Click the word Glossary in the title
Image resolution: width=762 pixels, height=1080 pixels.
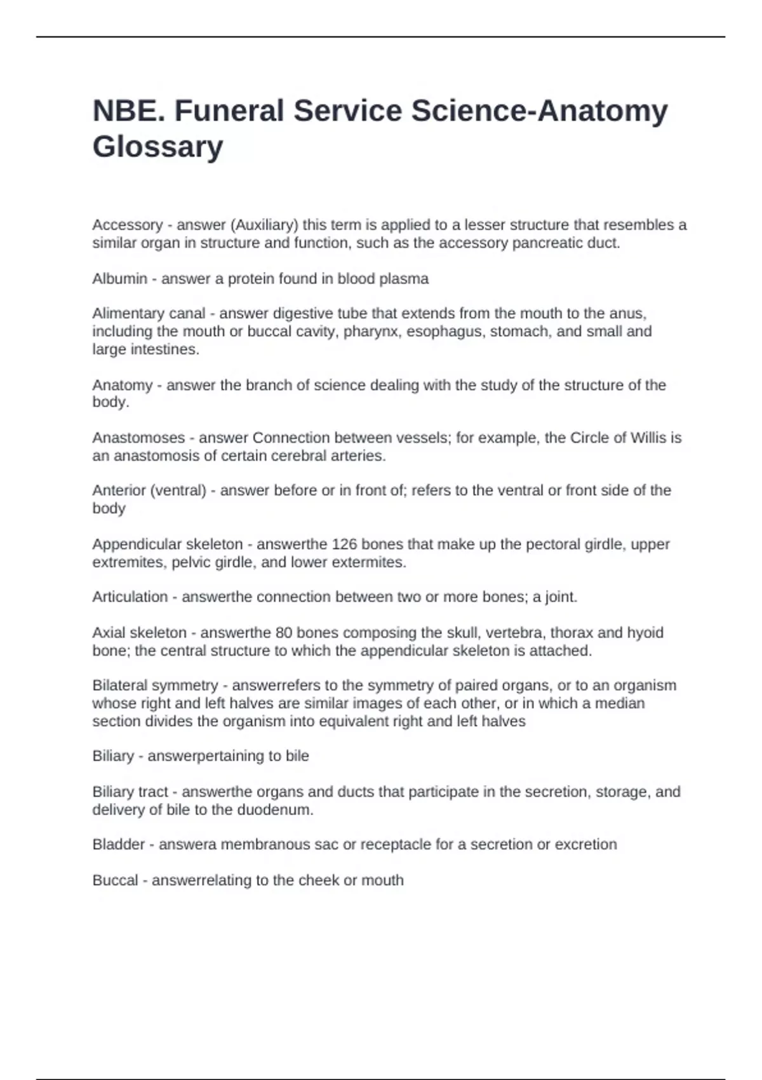[157, 147]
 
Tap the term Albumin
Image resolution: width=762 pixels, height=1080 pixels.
[119, 279]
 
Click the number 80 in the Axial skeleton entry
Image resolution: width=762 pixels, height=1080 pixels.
[283, 633]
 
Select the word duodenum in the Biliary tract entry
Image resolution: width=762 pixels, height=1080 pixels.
[275, 810]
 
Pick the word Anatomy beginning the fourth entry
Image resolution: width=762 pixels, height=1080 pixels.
[123, 385]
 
